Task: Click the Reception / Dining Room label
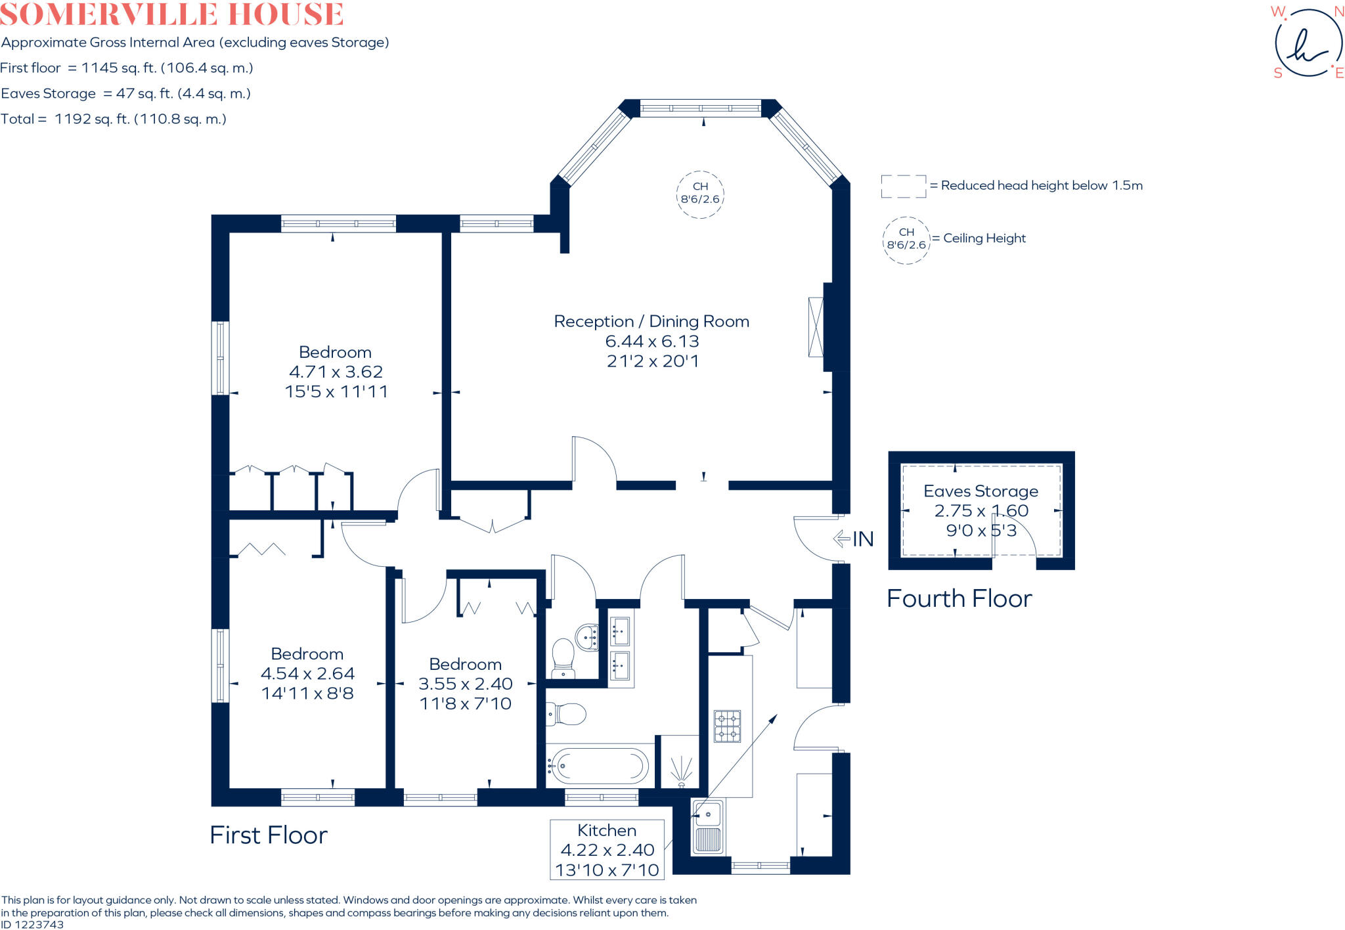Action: [x=651, y=321]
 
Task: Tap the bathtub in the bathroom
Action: [x=598, y=765]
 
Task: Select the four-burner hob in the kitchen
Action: [x=727, y=726]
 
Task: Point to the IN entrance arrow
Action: [x=853, y=539]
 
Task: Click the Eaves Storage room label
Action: [x=981, y=491]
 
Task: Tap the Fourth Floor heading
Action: [x=959, y=598]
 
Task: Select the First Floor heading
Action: [x=268, y=835]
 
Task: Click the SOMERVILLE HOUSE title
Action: [x=172, y=14]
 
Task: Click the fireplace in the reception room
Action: [x=816, y=327]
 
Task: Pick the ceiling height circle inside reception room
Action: [x=700, y=193]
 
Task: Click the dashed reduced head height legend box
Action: [x=903, y=187]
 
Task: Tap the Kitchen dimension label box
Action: [x=607, y=850]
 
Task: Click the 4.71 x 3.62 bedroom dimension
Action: [x=336, y=372]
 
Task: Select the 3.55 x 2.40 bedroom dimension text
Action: [x=465, y=684]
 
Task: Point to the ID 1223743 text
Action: [x=32, y=924]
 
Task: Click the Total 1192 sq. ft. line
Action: [x=114, y=119]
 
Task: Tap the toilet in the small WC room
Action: [x=563, y=657]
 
